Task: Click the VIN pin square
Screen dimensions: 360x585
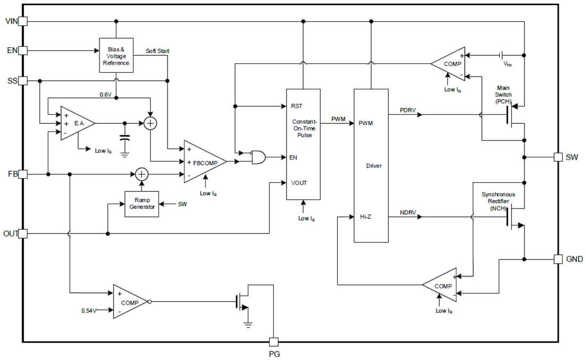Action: coord(23,21)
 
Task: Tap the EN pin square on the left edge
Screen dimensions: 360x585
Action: coord(23,51)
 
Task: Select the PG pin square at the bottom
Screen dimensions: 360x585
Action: coord(273,342)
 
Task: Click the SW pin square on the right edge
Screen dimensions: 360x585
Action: coord(558,157)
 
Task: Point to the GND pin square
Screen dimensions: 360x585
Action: coord(558,259)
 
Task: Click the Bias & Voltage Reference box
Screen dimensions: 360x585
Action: coord(115,56)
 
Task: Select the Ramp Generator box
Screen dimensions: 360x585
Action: coord(142,204)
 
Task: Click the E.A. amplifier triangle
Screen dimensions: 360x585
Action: coord(76,123)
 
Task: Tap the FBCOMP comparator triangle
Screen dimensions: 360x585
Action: coord(203,162)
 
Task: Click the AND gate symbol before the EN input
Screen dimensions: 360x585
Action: coord(258,157)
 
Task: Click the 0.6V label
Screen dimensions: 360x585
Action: coord(105,95)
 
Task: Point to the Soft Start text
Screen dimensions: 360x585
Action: coord(157,51)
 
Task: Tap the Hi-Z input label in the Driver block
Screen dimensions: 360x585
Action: coord(365,217)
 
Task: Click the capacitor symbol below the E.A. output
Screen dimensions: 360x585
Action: coord(124,139)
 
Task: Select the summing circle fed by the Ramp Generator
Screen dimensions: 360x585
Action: coord(141,174)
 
